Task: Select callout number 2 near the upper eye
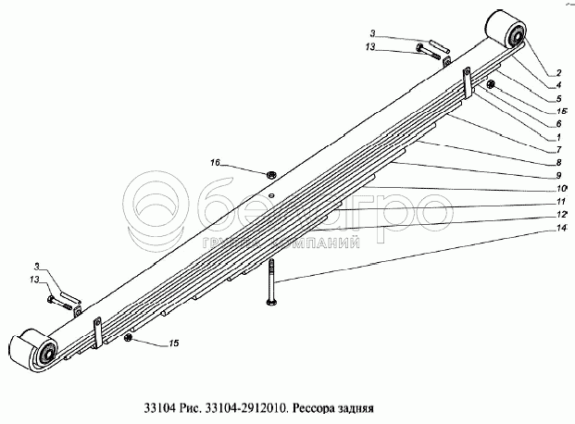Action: (x=558, y=71)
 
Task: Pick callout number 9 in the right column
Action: (x=558, y=175)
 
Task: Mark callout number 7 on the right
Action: (x=558, y=149)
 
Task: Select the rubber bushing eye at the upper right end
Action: (x=508, y=36)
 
